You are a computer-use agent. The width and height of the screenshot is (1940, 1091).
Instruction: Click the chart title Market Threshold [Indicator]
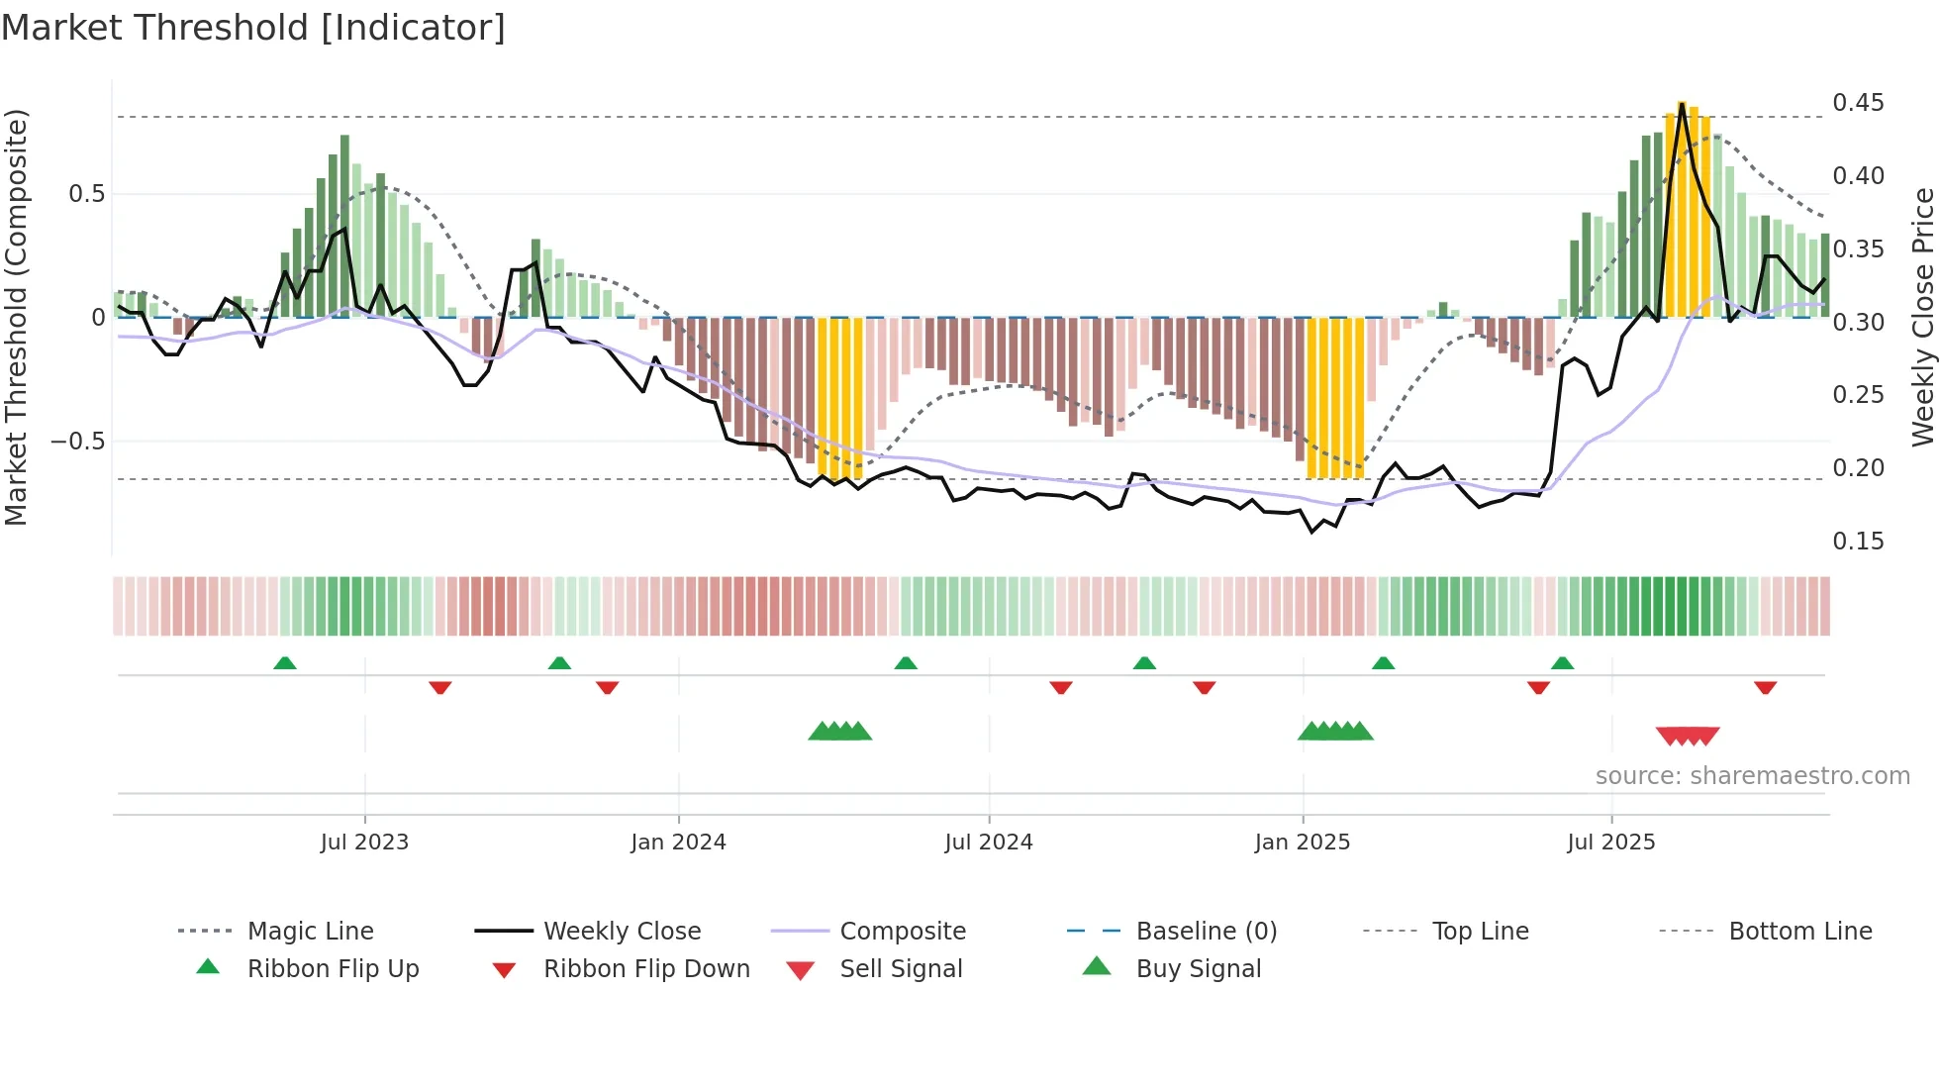click(253, 28)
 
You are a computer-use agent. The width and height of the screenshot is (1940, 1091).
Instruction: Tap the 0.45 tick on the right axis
click(1858, 103)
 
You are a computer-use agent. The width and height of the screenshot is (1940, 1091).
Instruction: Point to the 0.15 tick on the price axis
click(1858, 542)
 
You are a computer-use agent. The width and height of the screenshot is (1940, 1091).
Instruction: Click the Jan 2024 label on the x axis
click(678, 843)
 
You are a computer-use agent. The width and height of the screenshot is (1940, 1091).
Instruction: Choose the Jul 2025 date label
click(1610, 843)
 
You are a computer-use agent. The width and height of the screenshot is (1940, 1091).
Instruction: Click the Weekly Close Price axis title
click(1922, 317)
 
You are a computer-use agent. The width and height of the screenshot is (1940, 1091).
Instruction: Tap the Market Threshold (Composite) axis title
click(16, 317)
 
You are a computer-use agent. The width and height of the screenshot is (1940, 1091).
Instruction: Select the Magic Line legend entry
click(310, 932)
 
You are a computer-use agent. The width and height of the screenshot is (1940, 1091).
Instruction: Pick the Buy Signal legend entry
click(1198, 969)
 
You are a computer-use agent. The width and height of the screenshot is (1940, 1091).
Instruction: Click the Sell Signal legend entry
click(901, 969)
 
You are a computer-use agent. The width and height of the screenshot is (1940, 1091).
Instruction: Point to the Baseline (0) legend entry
click(1206, 932)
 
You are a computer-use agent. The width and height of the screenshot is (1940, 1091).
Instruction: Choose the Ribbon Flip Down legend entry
click(646, 969)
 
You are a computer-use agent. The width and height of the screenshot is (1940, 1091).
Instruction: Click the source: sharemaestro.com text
click(1752, 776)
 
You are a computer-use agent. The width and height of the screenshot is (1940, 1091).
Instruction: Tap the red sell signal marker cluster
click(1688, 736)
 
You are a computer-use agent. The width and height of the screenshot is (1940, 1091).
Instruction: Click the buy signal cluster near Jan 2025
click(1335, 732)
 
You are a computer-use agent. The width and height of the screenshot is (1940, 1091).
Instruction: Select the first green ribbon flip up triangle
click(285, 663)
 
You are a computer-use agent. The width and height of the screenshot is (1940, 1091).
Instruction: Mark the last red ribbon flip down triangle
click(1765, 687)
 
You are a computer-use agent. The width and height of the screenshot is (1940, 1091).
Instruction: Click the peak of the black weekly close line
click(1682, 104)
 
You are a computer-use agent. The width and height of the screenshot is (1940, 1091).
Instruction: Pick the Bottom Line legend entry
click(1799, 932)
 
